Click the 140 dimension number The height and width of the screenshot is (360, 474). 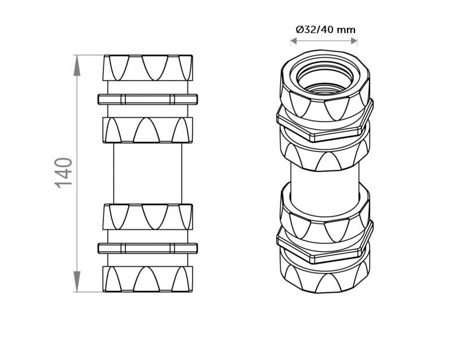pos(64,173)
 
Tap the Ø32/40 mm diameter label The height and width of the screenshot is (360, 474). pos(325,30)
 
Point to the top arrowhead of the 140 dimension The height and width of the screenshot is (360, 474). pos(77,66)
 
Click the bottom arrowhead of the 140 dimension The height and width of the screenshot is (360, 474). pos(77,282)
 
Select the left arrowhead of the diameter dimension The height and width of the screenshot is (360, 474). pos(294,41)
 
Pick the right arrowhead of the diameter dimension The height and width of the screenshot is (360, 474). pos(353,41)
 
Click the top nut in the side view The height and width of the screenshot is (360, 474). pos(147,68)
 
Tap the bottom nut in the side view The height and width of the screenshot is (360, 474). pos(147,279)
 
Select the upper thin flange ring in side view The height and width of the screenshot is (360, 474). pos(147,99)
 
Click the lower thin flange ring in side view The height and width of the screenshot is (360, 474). pos(147,248)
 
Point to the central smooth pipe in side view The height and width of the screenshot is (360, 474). pos(147,174)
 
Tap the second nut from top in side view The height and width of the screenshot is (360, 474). pos(147,130)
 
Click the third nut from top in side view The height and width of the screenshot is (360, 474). pos(147,217)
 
